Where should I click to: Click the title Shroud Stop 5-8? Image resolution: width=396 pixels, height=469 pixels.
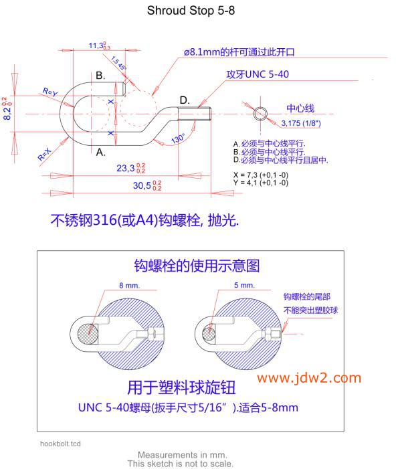(191, 11)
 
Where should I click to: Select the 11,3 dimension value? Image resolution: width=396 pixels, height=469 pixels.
(99, 45)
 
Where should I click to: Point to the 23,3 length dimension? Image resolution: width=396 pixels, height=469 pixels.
(130, 168)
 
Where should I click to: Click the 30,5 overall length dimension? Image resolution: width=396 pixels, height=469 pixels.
(147, 185)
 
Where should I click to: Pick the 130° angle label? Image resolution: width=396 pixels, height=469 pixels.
(178, 138)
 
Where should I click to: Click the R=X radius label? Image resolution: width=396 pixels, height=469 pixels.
(45, 155)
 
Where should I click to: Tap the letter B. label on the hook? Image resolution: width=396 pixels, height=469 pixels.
(100, 76)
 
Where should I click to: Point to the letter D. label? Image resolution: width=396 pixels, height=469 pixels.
(185, 100)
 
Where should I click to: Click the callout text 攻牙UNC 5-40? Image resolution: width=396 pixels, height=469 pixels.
(258, 74)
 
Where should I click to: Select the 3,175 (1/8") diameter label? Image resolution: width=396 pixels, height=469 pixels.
(301, 123)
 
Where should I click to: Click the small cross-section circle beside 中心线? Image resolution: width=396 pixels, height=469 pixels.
(260, 114)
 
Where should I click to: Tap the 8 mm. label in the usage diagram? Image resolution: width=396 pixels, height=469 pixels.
(129, 286)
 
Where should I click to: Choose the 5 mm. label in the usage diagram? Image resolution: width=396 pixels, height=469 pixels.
(244, 286)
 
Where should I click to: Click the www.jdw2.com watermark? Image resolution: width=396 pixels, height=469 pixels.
(309, 378)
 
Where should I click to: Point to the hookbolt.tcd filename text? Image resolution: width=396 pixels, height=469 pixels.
(60, 444)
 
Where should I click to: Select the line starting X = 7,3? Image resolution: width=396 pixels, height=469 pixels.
(261, 175)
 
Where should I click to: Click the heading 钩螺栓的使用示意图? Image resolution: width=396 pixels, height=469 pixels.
(197, 266)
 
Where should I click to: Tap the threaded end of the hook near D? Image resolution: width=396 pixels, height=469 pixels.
(195, 114)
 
